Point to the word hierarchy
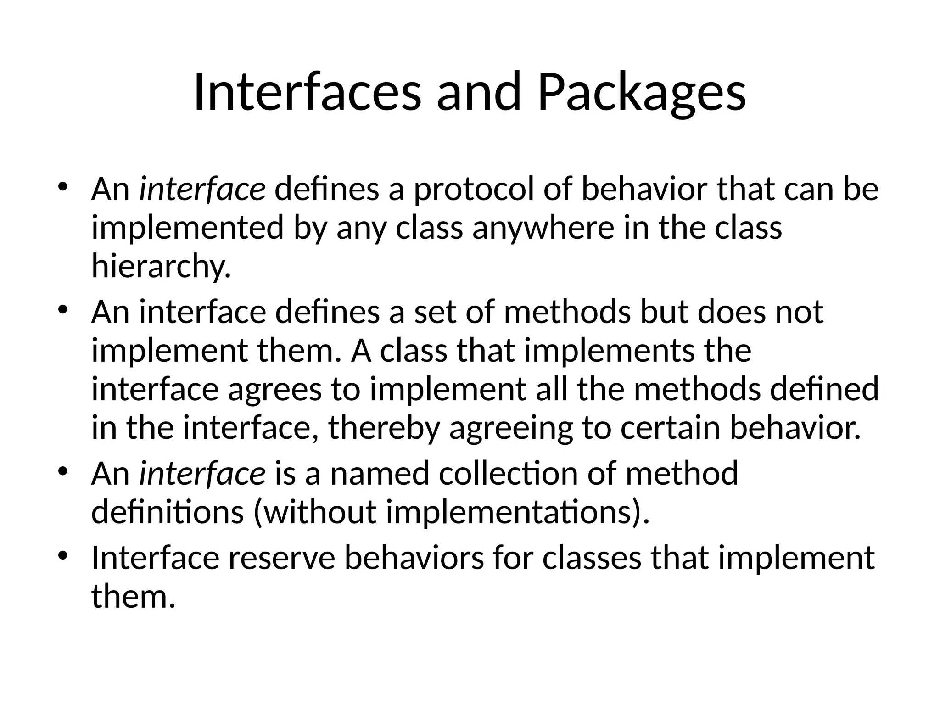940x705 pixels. (161, 266)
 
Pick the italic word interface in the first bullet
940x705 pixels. (202, 189)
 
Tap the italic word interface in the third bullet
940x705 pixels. (202, 474)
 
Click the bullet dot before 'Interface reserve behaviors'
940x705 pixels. (63, 556)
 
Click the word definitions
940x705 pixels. (168, 512)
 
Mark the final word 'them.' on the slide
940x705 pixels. (134, 597)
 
